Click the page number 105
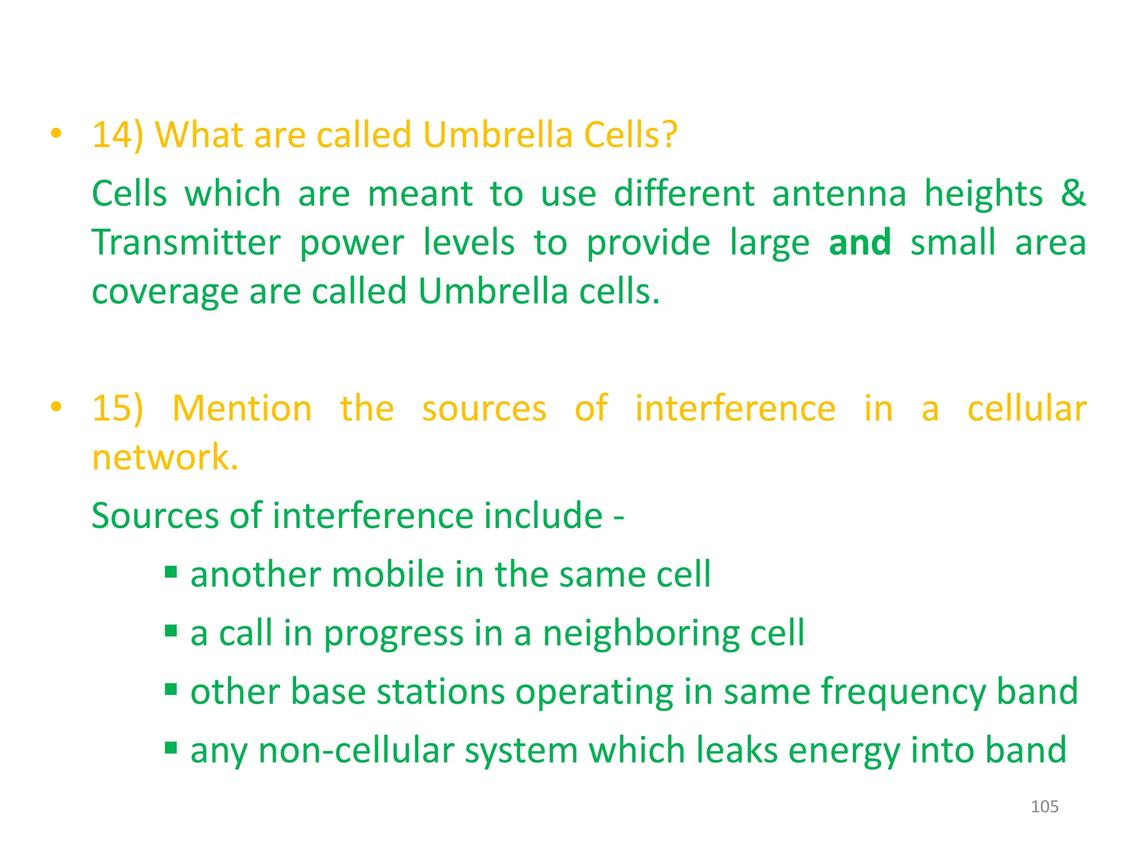[x=1044, y=806]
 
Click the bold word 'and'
[x=860, y=242]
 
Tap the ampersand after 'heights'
[x=1073, y=194]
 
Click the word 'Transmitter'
[x=186, y=242]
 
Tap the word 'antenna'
[x=839, y=194]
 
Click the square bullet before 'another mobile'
[x=171, y=573]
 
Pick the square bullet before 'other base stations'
[x=171, y=689]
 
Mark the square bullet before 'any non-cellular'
[x=171, y=748]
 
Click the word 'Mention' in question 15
[x=242, y=408]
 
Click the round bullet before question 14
[x=56, y=133]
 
